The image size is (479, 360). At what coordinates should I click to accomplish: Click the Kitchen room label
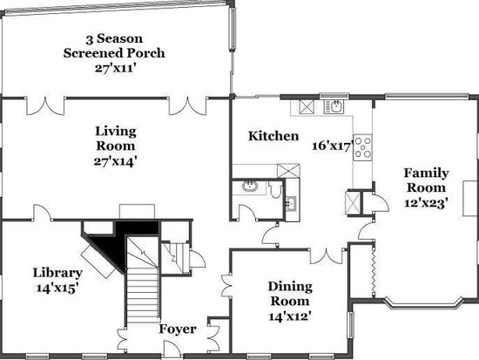pyautogui.click(x=273, y=136)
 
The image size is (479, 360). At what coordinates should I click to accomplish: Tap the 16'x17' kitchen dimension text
pyautogui.click(x=333, y=146)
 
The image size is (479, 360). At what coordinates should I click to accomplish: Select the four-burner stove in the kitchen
pyautogui.click(x=363, y=147)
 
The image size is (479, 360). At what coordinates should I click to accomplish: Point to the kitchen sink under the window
pyautogui.click(x=334, y=106)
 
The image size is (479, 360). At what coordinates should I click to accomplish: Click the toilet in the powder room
pyautogui.click(x=275, y=189)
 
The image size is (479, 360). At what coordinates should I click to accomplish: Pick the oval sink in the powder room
pyautogui.click(x=250, y=186)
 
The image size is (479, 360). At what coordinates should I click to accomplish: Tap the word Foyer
pyautogui.click(x=178, y=329)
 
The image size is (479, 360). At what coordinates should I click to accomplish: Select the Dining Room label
pyautogui.click(x=290, y=294)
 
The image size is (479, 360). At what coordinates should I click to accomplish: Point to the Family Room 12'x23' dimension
pyautogui.click(x=427, y=203)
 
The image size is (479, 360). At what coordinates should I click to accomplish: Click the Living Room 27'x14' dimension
pyautogui.click(x=115, y=161)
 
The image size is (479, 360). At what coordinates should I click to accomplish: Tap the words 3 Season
pyautogui.click(x=114, y=38)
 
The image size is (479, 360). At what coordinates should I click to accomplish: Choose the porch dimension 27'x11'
pyautogui.click(x=114, y=68)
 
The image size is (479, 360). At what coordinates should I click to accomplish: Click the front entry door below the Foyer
pyautogui.click(x=172, y=350)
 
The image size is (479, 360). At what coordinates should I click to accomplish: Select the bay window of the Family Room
pyautogui.click(x=425, y=302)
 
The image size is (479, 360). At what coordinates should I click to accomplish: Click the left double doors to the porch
pyautogui.click(x=46, y=106)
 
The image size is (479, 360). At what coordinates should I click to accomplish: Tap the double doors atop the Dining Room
pyautogui.click(x=327, y=256)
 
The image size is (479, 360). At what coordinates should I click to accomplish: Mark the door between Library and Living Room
pyautogui.click(x=42, y=213)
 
